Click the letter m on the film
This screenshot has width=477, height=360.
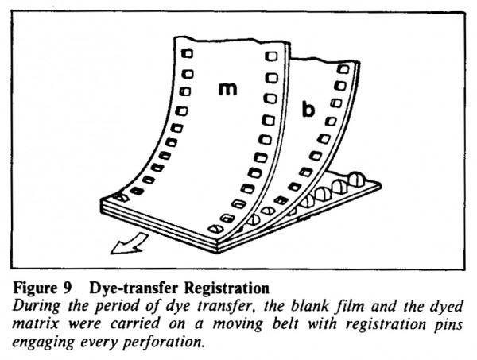(x=228, y=89)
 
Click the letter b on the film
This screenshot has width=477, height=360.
(x=308, y=110)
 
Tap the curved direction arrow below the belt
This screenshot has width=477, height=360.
(x=129, y=244)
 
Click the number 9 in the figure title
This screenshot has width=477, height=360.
(x=67, y=288)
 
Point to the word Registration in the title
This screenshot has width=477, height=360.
(x=227, y=288)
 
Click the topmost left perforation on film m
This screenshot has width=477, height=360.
(x=187, y=54)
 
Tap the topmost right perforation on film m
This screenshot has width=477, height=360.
(x=271, y=56)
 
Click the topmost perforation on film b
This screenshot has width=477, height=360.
(x=343, y=69)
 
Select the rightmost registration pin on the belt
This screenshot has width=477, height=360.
(x=357, y=180)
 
